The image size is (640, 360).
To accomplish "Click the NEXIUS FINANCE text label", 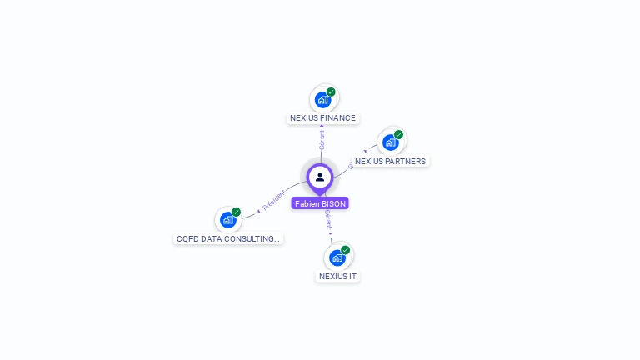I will tap(322, 118).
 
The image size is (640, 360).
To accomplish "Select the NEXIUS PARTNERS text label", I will tap(390, 162).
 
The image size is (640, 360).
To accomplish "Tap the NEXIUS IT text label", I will tap(337, 276).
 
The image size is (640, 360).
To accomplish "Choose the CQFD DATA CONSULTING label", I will tap(227, 238).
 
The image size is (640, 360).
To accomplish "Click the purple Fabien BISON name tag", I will tap(320, 203).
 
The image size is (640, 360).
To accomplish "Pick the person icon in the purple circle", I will tap(320, 177).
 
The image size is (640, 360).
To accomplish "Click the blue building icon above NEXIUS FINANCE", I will tap(322, 100).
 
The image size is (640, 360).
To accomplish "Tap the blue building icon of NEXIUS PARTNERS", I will tap(390, 142).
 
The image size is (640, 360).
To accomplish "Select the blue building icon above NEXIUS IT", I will tap(337, 257).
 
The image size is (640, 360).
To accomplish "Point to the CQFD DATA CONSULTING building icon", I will tap(227, 220).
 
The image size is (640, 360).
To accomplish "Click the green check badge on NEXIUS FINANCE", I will tap(331, 92).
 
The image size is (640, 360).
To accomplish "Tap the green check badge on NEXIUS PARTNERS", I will tap(398, 134).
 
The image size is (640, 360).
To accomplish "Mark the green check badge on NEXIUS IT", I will tap(345, 250).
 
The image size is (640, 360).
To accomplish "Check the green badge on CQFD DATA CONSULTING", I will tap(236, 212).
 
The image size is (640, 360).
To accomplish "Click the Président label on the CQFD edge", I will tap(272, 200).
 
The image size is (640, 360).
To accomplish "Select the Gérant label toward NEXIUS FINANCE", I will tap(322, 139).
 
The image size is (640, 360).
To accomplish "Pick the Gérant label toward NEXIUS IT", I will tap(328, 221).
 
